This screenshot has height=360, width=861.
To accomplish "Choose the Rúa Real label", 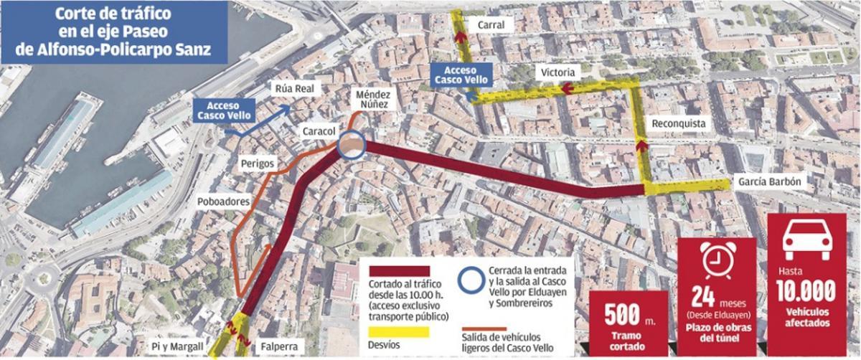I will [x=292, y=89].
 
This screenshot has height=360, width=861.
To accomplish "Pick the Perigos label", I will [x=259, y=163].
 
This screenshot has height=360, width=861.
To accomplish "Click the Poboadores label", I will [x=222, y=202].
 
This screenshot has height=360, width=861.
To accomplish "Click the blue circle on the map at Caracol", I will [x=352, y=146].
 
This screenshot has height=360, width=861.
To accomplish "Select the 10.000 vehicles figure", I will [x=806, y=291].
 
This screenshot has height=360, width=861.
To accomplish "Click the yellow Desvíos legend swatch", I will [x=399, y=332].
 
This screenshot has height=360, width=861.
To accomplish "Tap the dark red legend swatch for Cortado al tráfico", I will [x=399, y=270].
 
